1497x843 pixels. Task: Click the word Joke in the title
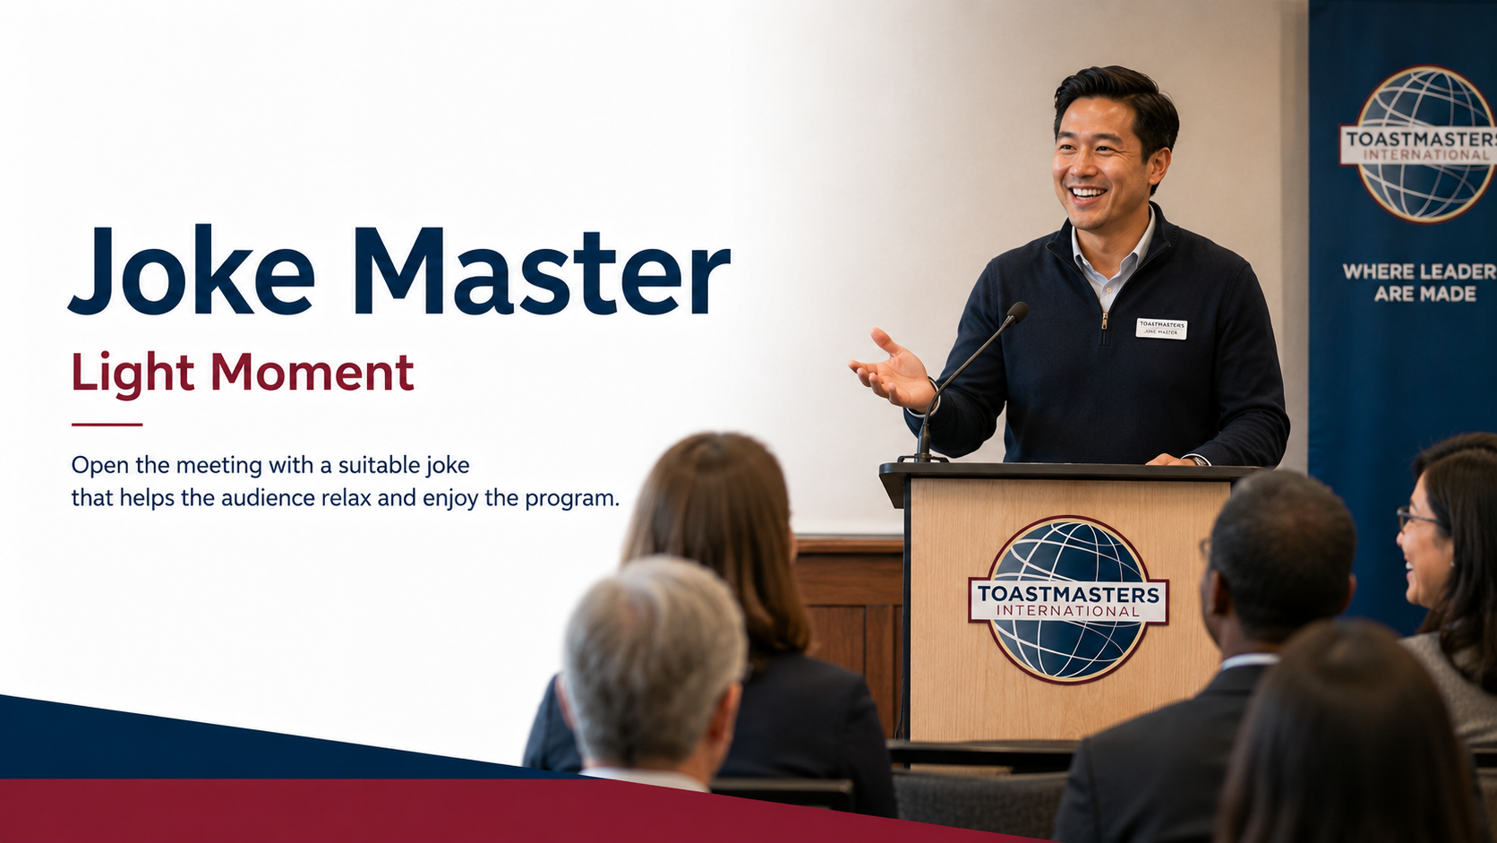[x=191, y=270]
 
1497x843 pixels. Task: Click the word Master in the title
[x=542, y=270]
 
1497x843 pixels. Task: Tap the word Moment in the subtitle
[x=312, y=373]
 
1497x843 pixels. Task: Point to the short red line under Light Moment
[x=107, y=425]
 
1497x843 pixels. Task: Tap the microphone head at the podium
[x=1017, y=312]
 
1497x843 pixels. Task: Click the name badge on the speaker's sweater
[x=1161, y=328]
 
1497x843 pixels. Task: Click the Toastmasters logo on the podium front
[x=1068, y=599]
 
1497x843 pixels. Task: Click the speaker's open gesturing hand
[x=891, y=371]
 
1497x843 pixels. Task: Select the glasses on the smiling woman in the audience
[x=1418, y=518]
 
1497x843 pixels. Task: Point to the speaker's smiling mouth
[x=1087, y=194]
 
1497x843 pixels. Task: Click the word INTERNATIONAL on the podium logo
[x=1068, y=611]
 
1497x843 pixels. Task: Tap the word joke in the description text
[x=448, y=465]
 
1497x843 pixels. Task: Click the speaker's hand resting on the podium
[x=1176, y=460]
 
